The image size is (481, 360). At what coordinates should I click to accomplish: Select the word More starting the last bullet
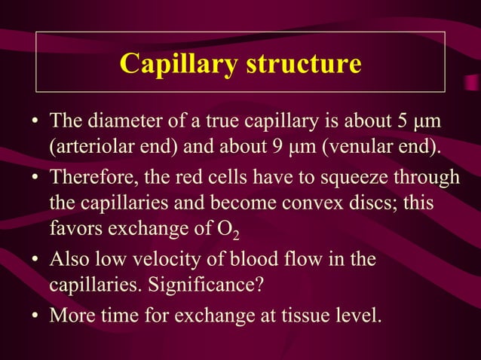(69, 314)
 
